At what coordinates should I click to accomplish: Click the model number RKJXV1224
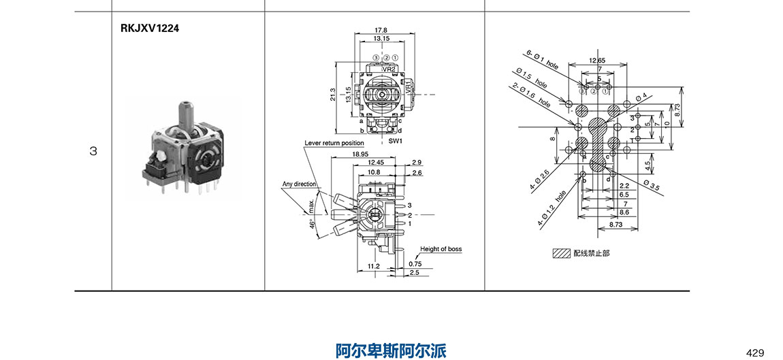150,29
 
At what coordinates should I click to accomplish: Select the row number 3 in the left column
93,151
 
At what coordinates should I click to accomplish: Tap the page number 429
755,353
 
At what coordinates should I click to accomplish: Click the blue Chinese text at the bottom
391,350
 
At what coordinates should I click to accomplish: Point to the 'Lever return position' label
334,143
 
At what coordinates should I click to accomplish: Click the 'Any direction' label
299,184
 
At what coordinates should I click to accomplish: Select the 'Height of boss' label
441,249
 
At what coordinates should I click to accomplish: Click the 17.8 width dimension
381,31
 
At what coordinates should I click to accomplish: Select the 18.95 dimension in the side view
362,154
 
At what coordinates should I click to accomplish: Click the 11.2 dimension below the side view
373,266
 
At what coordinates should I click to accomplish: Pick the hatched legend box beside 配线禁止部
561,252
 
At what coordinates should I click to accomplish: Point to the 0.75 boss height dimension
415,263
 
